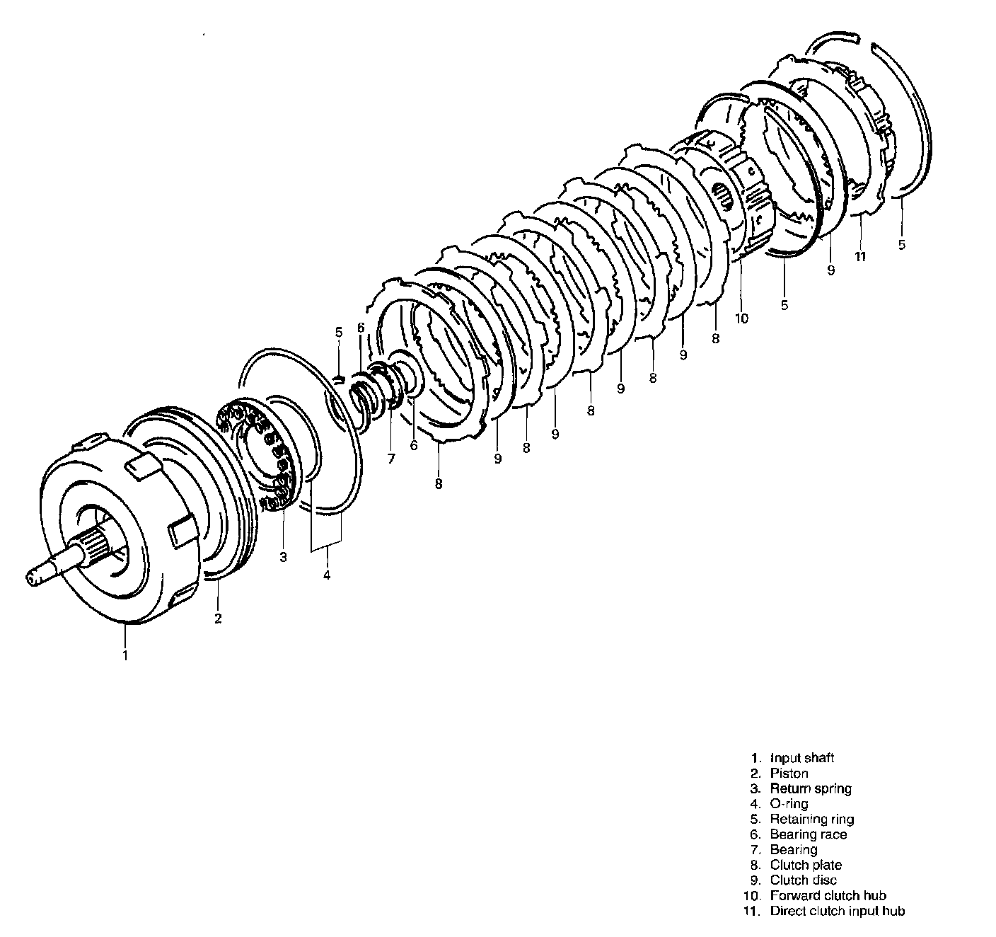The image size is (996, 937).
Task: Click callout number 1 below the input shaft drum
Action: [125, 655]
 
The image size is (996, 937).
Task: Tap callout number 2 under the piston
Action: [218, 619]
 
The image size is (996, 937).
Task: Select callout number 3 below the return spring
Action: [284, 557]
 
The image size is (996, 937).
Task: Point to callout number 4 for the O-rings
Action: [327, 575]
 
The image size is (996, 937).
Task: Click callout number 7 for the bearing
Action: [391, 459]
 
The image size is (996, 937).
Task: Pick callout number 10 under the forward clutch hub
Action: [742, 318]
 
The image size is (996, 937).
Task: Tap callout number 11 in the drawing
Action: [861, 257]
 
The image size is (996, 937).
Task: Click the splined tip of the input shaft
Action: [31, 578]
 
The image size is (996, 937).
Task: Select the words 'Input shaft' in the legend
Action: [802, 758]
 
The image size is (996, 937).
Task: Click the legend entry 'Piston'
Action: [789, 774]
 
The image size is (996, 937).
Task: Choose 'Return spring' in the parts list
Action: [811, 789]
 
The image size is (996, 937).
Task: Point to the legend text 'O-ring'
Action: [789, 804]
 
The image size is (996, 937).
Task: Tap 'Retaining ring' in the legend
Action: [812, 820]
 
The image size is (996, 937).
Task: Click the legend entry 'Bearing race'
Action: [809, 834]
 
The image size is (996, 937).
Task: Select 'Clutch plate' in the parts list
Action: [806, 866]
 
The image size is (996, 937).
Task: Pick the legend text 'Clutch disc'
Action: [804, 880]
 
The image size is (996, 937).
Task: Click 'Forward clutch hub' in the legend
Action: [828, 896]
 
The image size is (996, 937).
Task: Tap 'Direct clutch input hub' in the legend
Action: [838, 912]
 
